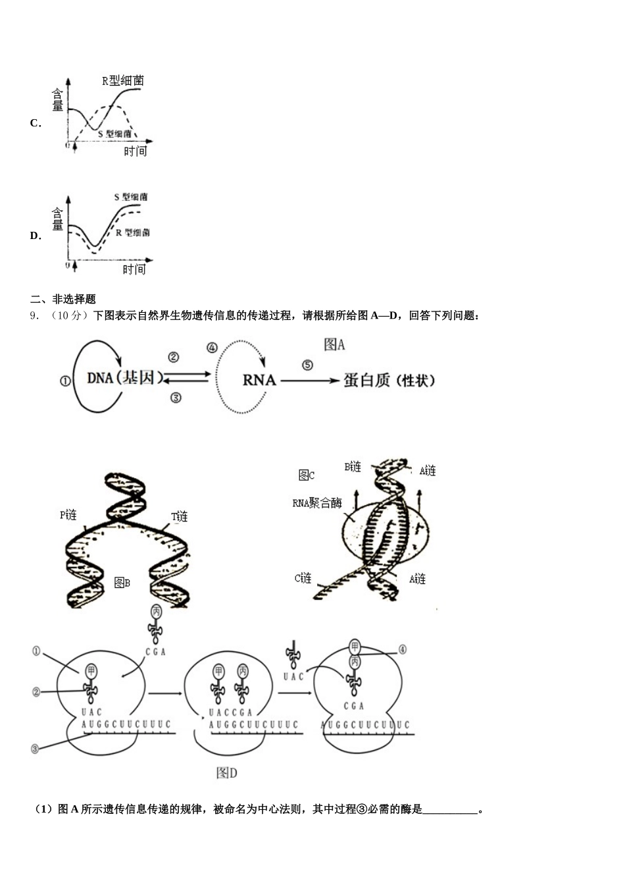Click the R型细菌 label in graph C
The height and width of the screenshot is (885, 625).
123,81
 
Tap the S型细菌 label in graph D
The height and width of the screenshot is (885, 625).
130,197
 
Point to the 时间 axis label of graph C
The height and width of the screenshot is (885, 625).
135,151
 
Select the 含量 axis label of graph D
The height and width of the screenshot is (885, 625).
58,219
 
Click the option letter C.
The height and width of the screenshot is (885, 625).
35,123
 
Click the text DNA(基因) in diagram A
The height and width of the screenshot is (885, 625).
124,378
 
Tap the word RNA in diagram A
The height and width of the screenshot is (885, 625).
259,380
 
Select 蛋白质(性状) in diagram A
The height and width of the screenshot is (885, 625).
389,380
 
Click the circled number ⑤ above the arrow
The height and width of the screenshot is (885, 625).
307,365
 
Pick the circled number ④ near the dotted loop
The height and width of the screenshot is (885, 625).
212,348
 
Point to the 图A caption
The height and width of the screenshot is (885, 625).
334,344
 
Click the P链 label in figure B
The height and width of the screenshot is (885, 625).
68,515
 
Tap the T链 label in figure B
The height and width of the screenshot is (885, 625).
180,517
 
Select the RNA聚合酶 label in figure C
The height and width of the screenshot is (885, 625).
317,503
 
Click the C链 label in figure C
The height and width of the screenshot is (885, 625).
303,578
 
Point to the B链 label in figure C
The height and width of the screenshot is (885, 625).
353,467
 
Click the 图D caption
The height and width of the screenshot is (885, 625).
226,773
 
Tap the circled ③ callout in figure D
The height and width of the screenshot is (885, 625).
35,749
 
